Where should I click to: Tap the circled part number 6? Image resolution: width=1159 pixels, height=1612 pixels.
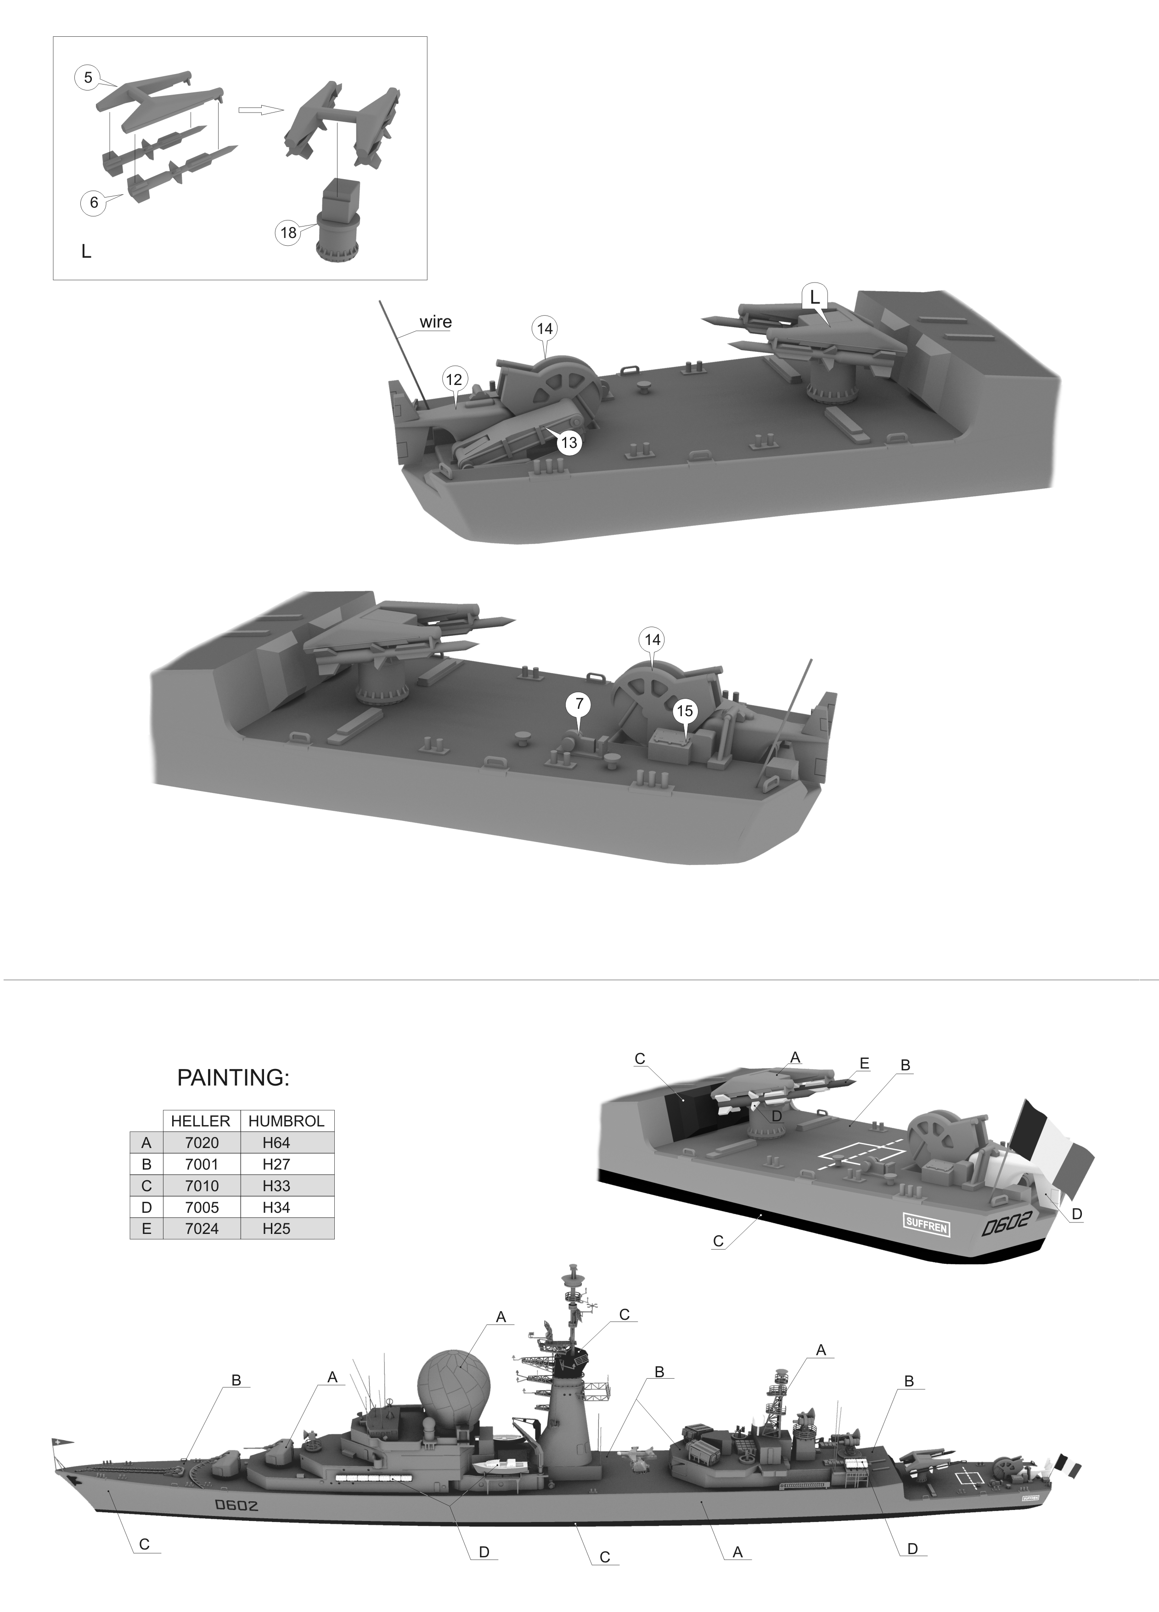point(94,203)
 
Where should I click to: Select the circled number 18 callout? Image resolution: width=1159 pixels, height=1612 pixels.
point(288,232)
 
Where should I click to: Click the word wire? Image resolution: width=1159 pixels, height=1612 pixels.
point(435,322)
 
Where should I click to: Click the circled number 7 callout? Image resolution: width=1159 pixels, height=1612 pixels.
point(579,704)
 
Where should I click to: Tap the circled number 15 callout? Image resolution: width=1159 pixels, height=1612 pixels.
point(684,711)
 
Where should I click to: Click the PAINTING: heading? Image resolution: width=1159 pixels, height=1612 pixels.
point(233,1078)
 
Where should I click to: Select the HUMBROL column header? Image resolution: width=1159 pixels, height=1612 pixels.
point(287,1121)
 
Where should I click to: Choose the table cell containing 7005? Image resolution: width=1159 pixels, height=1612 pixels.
point(201,1207)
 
